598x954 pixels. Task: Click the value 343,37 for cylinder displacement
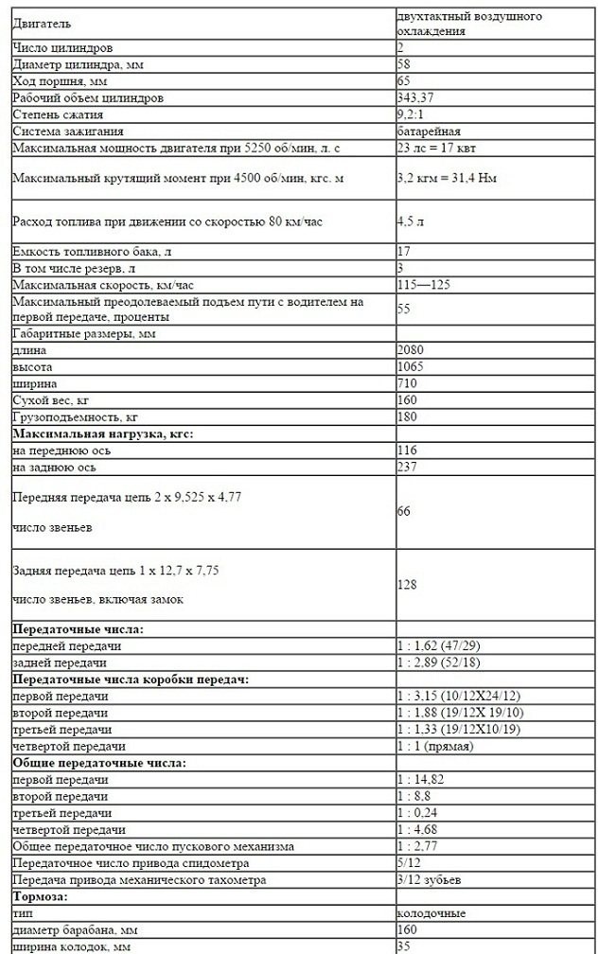(x=415, y=97)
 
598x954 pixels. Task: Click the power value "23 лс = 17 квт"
(x=439, y=148)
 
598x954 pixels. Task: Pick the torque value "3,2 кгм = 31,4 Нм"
(x=450, y=177)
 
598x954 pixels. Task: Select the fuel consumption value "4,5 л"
(x=409, y=222)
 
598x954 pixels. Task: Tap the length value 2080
(x=410, y=350)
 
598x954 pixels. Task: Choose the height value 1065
(x=410, y=367)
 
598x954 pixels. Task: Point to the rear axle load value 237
(x=407, y=467)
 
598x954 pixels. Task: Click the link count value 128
(x=407, y=585)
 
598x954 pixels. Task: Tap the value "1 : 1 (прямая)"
(x=435, y=746)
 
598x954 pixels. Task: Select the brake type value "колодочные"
(x=431, y=912)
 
